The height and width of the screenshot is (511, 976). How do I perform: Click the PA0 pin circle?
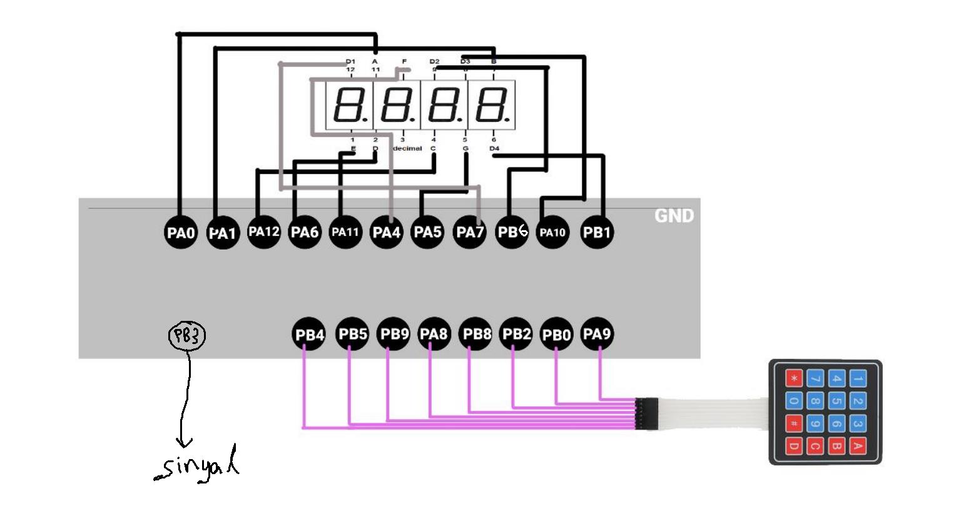tap(181, 233)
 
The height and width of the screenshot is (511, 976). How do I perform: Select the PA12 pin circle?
tap(263, 232)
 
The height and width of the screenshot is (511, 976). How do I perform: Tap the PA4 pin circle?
tap(387, 233)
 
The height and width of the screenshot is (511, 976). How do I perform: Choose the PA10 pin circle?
tap(552, 233)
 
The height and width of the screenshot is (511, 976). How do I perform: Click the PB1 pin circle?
tap(596, 232)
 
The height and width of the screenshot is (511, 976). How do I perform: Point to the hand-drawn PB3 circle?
tap(187, 336)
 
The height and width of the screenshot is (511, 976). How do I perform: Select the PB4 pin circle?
tap(309, 335)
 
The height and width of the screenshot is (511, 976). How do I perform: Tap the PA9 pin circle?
tap(596, 334)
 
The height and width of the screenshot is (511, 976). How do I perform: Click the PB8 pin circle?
tap(476, 334)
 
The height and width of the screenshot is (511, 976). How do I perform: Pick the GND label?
tap(674, 216)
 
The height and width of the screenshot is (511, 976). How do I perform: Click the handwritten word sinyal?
tap(197, 465)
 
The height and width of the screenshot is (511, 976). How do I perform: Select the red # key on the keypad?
tap(794, 424)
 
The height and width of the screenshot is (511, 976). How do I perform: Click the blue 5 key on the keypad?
tap(836, 402)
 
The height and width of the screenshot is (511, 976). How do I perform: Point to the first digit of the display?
tap(348, 104)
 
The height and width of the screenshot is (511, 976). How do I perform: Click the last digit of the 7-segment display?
tap(492, 104)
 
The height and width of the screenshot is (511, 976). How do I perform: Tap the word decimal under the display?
tap(407, 148)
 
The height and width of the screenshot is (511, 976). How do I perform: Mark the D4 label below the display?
tap(494, 148)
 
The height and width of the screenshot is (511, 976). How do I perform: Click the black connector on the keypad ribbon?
tap(646, 413)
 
